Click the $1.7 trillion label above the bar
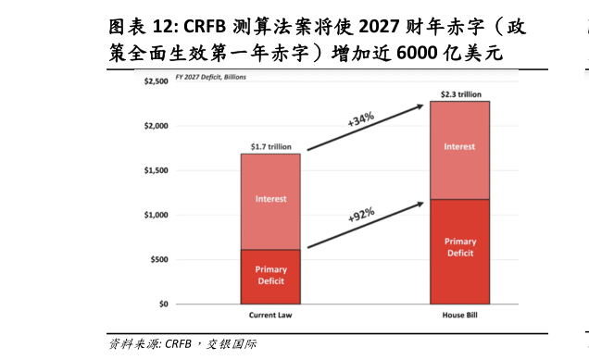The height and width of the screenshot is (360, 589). tap(271, 145)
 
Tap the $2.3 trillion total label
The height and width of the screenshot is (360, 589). tap(460, 93)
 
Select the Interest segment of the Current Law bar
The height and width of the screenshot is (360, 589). tap(271, 199)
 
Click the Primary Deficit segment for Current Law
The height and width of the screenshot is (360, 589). tap(271, 275)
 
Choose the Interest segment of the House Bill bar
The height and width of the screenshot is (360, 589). tap(460, 147)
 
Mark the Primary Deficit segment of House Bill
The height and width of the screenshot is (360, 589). tap(460, 247)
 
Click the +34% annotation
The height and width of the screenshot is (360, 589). tap(360, 119)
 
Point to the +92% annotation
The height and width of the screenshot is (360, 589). tap(361, 215)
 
